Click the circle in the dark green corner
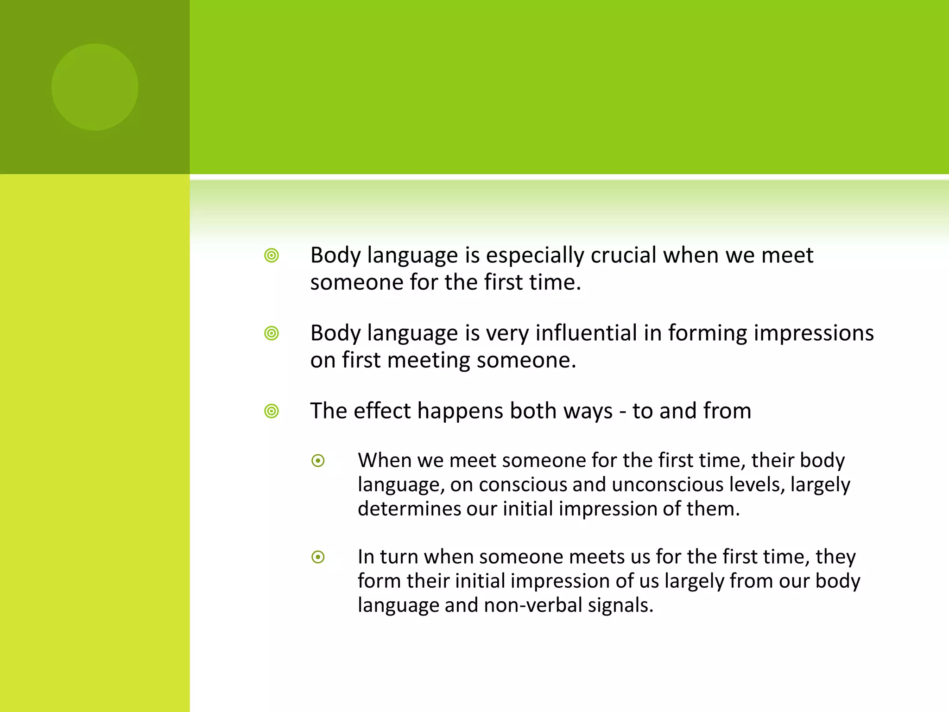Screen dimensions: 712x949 pyautogui.click(x=95, y=87)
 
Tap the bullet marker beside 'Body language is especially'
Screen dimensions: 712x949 pyautogui.click(x=272, y=255)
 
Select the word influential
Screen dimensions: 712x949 pyautogui.click(x=586, y=333)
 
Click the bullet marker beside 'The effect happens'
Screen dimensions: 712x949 pyautogui.click(x=272, y=411)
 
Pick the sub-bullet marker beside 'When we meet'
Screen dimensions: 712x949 pyautogui.click(x=318, y=461)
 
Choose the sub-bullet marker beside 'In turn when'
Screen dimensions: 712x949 pyautogui.click(x=318, y=557)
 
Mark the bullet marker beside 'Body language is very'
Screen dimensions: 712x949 pyautogui.click(x=272, y=333)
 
